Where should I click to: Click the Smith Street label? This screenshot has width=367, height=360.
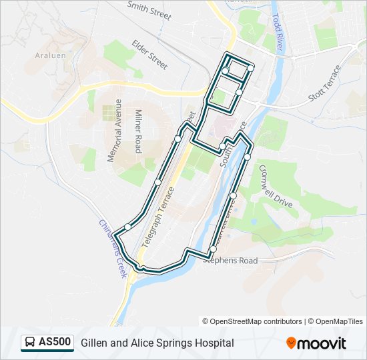click(149, 10)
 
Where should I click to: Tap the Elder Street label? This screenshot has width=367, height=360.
click(149, 55)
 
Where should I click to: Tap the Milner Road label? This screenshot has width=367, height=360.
click(139, 131)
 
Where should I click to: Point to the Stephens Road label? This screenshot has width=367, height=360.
click(230, 261)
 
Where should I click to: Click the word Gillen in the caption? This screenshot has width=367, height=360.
click(95, 343)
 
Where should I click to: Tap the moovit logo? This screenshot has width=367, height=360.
click(316, 343)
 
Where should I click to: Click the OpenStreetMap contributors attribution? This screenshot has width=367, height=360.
click(252, 321)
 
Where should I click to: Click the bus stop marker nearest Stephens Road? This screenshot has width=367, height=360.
click(213, 249)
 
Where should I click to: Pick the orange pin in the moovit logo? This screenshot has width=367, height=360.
click(292, 343)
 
